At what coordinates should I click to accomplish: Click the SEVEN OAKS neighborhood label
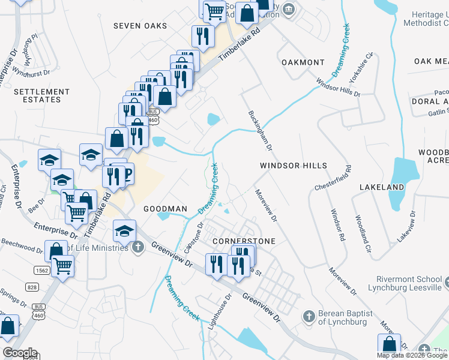click(x=140, y=26)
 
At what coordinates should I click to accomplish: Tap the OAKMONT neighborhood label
click(x=303, y=62)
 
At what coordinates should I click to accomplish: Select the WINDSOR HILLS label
click(x=294, y=166)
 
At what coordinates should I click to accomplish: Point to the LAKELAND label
click(x=382, y=187)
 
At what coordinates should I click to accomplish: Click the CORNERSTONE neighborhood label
click(x=244, y=241)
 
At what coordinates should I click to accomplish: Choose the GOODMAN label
click(x=166, y=209)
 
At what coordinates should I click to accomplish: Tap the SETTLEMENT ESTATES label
click(x=41, y=96)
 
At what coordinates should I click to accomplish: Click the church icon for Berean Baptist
click(x=309, y=316)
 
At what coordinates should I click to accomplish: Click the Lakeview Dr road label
click(x=406, y=226)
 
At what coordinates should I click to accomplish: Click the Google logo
click(x=19, y=353)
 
